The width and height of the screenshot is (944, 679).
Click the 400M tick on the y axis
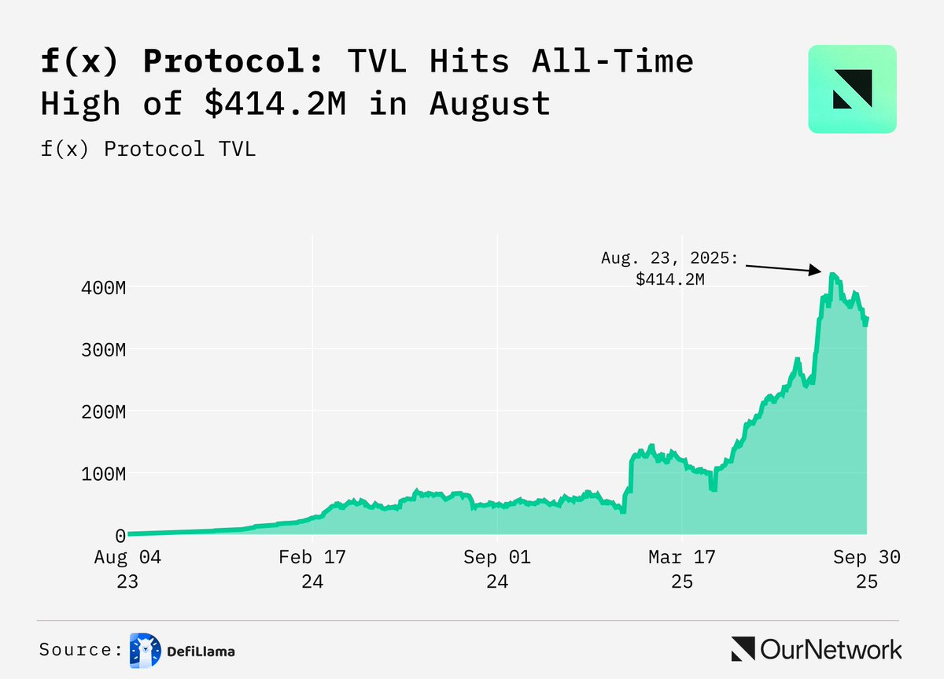coord(105,287)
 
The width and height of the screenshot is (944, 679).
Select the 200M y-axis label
coord(105,411)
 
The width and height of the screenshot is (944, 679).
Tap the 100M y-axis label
coord(105,474)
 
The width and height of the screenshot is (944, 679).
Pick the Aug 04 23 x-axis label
coord(127,570)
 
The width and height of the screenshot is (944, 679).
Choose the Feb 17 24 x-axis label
coord(312,570)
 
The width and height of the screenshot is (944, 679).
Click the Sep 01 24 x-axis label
coord(497,570)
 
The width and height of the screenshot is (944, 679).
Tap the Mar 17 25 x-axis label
coord(682,570)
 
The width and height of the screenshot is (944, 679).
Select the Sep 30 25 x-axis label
coord(866,570)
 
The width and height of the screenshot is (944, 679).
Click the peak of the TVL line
coord(832,275)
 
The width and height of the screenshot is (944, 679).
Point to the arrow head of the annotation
coord(818,272)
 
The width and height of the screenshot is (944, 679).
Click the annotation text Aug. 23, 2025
coord(670,257)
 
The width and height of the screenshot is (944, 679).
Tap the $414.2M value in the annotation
coord(670,278)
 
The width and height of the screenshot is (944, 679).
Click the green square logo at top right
coord(852,89)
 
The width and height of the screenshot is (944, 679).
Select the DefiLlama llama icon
coord(145,650)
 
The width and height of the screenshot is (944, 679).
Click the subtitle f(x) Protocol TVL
coord(149,149)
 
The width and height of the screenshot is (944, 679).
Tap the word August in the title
coord(490,103)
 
